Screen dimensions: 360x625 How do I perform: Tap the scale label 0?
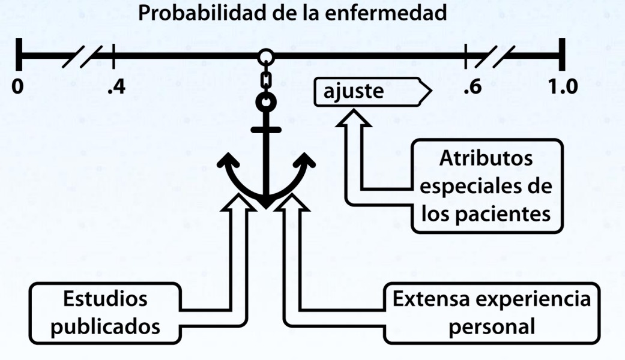click(19, 87)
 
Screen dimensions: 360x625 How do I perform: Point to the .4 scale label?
click(115, 88)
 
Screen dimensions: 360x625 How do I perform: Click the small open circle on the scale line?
click(265, 58)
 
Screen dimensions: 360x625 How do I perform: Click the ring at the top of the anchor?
click(265, 101)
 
